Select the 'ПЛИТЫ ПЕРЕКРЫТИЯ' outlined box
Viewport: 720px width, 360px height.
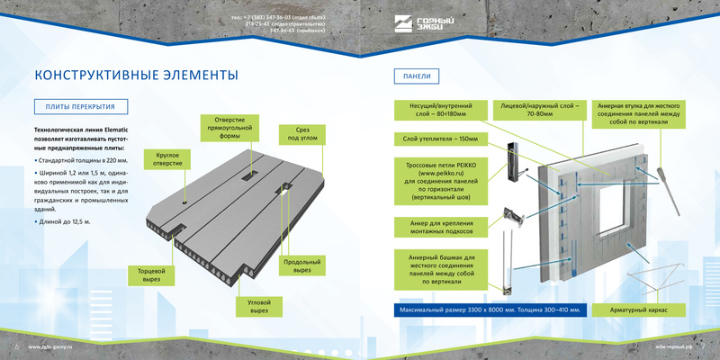point(80,107)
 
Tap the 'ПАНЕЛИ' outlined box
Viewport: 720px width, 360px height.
point(417,75)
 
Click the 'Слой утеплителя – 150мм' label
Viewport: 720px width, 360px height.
point(440,139)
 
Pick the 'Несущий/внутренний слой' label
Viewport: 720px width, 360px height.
point(441,110)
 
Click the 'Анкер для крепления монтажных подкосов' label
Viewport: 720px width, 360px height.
point(440,226)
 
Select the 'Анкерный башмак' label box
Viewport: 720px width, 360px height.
point(440,269)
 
